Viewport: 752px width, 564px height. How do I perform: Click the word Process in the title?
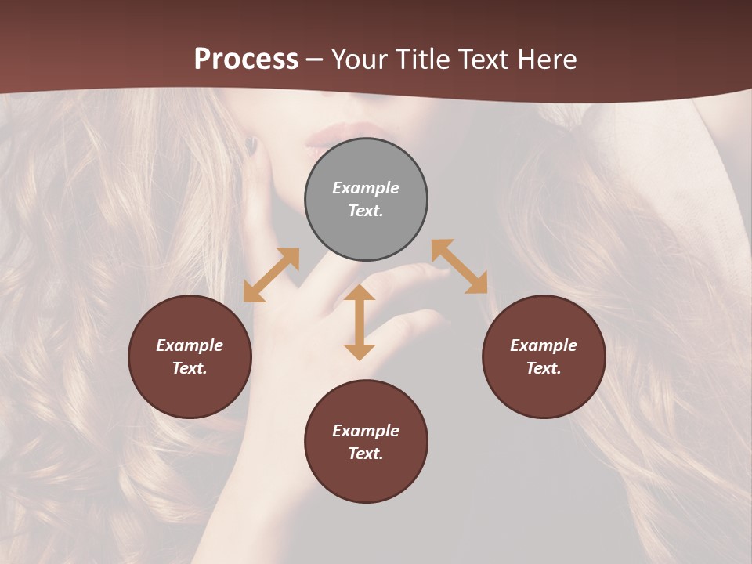click(246, 60)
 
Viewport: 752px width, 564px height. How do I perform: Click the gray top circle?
click(366, 199)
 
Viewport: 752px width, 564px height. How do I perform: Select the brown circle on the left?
click(190, 356)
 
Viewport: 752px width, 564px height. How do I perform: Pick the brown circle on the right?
click(544, 356)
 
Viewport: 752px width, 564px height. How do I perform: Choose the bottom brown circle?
click(366, 442)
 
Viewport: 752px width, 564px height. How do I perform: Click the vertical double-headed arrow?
click(360, 322)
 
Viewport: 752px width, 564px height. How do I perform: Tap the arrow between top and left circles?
click(271, 275)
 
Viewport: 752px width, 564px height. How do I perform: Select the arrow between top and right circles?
click(459, 266)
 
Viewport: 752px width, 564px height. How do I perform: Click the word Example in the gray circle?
click(366, 188)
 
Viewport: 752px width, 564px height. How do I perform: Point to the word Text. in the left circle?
click(190, 368)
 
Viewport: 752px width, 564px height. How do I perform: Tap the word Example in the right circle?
click(544, 345)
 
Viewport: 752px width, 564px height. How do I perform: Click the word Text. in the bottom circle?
click(366, 454)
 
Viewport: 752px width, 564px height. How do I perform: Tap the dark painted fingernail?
click(251, 144)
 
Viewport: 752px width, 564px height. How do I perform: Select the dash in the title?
click(314, 60)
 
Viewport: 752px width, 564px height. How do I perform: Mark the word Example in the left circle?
click(190, 345)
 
